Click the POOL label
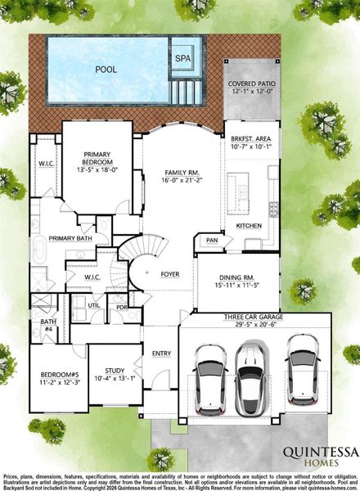[x=106, y=70]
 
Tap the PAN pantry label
[x=212, y=241]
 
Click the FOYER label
[x=169, y=274]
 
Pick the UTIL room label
[x=94, y=304]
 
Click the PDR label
[x=121, y=308]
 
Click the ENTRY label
[x=161, y=353]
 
